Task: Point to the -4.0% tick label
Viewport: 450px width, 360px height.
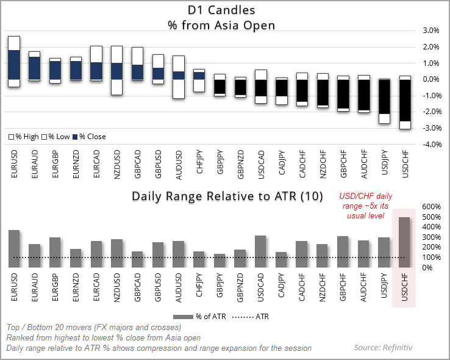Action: coord(430,144)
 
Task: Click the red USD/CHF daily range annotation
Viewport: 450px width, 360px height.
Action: coord(365,206)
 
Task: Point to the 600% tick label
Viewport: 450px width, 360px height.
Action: coord(430,206)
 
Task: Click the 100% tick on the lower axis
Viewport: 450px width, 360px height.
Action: coord(430,257)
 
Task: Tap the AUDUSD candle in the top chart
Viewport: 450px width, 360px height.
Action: coord(179,76)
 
